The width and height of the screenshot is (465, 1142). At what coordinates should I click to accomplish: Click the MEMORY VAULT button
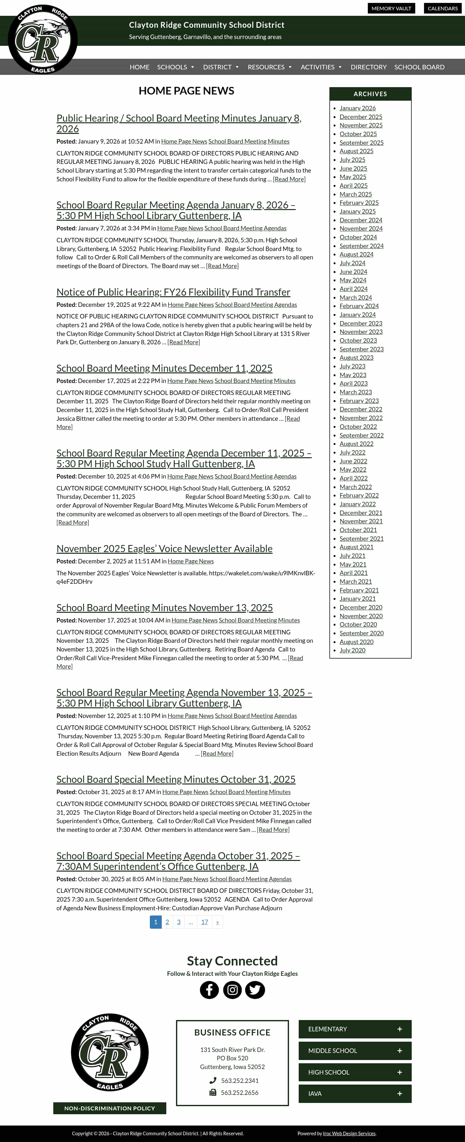point(391,8)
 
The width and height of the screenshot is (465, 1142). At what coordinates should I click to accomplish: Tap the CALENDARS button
point(442,8)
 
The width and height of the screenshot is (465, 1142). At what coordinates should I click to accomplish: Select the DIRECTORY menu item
point(368,67)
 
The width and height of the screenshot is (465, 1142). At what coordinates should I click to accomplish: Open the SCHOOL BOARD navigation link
point(419,67)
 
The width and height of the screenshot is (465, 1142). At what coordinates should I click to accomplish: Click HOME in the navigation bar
point(139,67)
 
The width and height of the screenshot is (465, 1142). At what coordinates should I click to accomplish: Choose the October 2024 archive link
point(358,237)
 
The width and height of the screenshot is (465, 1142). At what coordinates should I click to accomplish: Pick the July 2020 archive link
point(352,650)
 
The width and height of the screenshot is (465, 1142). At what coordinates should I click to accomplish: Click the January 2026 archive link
point(357,108)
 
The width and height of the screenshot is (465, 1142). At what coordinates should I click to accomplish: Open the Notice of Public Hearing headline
point(173,292)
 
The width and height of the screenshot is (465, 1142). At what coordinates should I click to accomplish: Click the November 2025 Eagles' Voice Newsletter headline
point(164,549)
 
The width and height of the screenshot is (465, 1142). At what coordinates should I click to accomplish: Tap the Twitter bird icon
point(255,990)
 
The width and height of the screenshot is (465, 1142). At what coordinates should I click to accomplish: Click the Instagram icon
point(232,990)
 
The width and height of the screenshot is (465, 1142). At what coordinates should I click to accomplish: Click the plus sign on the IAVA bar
point(399,1094)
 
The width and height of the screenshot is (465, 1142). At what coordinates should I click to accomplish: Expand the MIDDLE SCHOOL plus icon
point(399,1051)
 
